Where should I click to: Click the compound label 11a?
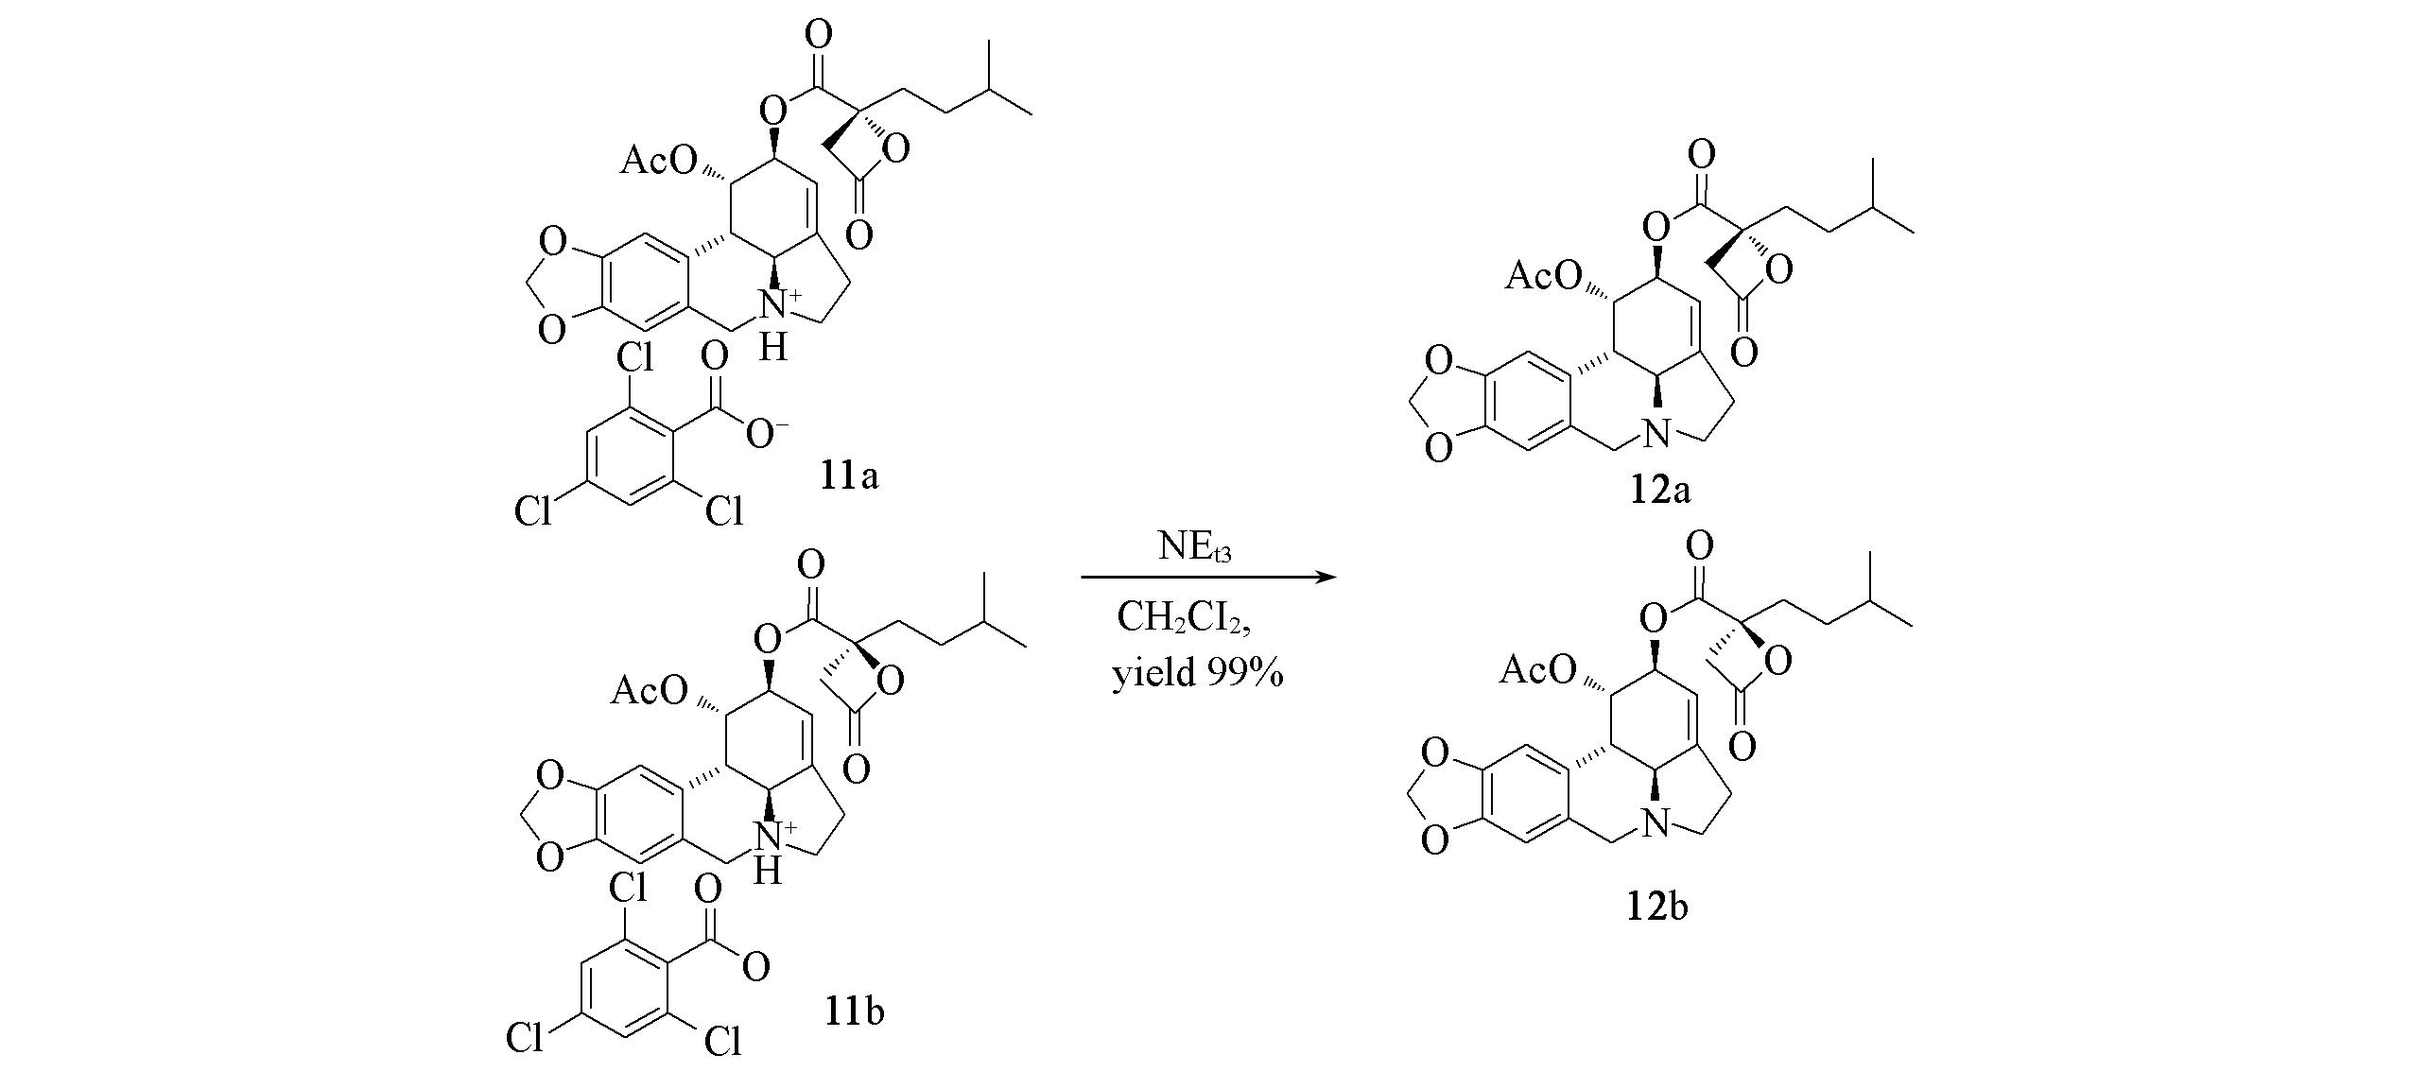(849, 475)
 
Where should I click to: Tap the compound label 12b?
(1657, 907)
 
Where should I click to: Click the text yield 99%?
(1197, 675)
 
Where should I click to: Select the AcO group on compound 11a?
(657, 162)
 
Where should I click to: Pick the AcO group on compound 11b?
(650, 692)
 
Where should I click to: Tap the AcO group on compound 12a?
(1542, 276)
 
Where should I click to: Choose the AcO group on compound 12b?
(1538, 671)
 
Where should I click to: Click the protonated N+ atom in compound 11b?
(776, 835)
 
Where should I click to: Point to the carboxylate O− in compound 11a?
(767, 434)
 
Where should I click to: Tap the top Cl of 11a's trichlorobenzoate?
(634, 358)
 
